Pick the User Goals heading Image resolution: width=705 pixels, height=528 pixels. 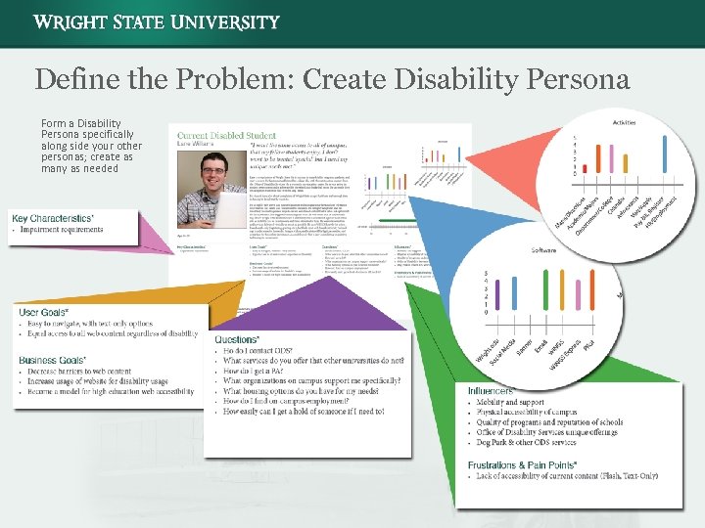coord(43,312)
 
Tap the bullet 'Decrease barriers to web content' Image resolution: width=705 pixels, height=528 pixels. coord(78,372)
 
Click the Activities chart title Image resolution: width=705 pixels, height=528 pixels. coord(624,122)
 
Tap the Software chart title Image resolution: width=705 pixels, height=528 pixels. coord(543,249)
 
